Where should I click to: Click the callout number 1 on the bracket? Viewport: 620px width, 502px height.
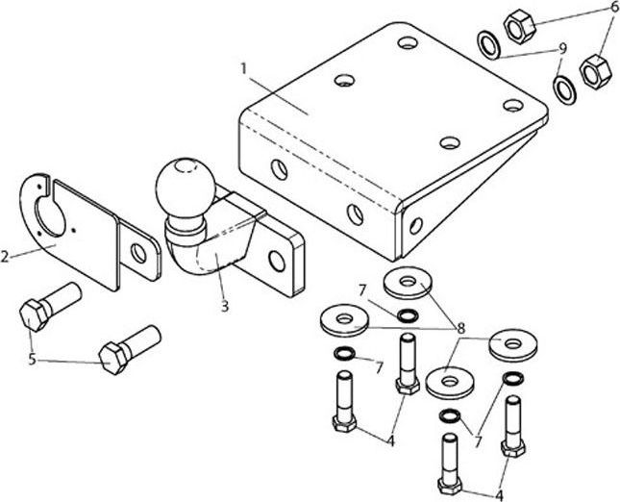coord(244,69)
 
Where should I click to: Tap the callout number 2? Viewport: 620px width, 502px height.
coord(5,257)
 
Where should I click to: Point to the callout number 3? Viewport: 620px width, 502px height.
coord(225,306)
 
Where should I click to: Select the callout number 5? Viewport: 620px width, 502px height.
coord(32,360)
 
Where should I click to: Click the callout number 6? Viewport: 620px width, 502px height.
coord(614,7)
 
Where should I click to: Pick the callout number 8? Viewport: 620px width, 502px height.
coord(460,328)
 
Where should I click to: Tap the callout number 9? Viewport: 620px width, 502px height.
coord(562,49)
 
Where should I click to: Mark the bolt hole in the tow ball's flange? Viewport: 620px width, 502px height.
coord(277,261)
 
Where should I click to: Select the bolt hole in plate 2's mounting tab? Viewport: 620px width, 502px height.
coord(138,253)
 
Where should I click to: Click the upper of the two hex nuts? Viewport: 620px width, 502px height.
coord(519,26)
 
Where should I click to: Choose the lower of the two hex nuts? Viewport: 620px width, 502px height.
coord(595,71)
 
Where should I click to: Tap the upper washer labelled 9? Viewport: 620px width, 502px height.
coord(489,45)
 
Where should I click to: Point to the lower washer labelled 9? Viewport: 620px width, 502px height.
coord(564,90)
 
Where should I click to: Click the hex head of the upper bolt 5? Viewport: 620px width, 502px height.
coord(35,315)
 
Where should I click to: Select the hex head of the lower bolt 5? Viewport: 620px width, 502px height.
coord(113,358)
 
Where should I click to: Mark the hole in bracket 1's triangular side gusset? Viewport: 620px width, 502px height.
coord(415,225)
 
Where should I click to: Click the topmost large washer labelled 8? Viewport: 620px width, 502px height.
coord(407,284)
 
